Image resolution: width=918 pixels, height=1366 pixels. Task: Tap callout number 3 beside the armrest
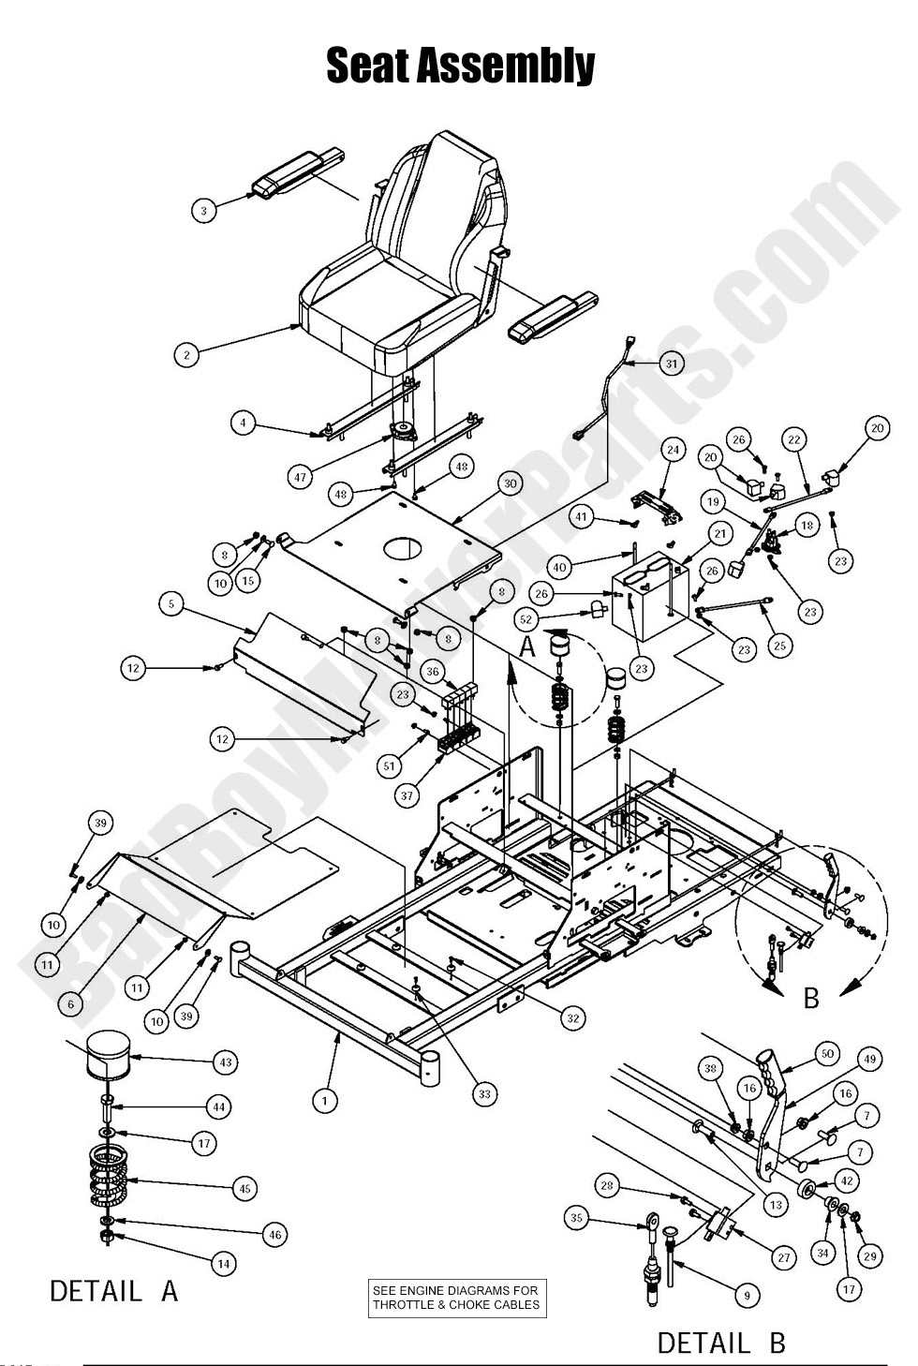click(x=204, y=211)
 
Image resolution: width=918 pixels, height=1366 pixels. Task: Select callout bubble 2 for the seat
click(x=187, y=355)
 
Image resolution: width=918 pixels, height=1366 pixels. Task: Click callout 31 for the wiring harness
click(x=671, y=363)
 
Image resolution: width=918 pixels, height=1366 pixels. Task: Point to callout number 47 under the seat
click(x=300, y=477)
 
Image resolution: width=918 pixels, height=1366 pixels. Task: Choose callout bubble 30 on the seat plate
click(x=510, y=483)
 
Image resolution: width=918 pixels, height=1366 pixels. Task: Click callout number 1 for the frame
click(x=324, y=1100)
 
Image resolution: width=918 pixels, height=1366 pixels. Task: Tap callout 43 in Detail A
click(x=225, y=1062)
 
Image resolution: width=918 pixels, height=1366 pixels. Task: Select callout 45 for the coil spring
click(x=244, y=1188)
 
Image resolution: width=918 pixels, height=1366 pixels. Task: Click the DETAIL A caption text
click(x=113, y=1291)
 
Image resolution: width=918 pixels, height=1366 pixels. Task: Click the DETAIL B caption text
click(x=720, y=1343)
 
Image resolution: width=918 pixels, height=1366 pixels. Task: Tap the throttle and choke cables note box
click(x=456, y=1298)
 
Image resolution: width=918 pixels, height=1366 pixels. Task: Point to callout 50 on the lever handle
click(x=826, y=1054)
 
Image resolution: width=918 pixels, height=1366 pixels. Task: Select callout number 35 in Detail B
click(x=577, y=1218)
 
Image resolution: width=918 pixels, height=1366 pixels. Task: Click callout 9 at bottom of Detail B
click(x=746, y=1296)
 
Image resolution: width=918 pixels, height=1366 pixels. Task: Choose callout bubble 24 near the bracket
click(x=672, y=450)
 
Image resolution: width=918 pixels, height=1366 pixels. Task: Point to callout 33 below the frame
click(x=484, y=1093)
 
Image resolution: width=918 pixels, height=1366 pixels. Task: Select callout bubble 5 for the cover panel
click(x=171, y=604)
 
